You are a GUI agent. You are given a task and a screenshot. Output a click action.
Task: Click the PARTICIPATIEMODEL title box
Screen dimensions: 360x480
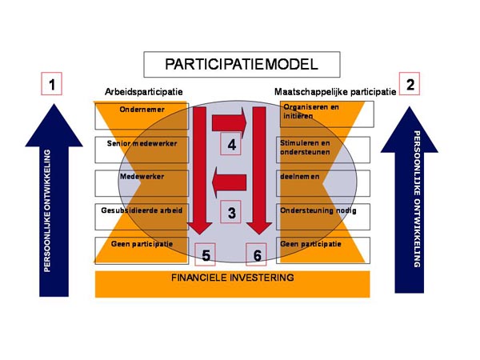241,64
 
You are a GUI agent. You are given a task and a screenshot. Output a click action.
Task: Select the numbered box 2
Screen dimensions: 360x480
410,84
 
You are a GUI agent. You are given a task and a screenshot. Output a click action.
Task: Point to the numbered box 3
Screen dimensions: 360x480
232,213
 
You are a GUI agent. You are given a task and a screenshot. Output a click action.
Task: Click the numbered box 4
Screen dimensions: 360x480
232,145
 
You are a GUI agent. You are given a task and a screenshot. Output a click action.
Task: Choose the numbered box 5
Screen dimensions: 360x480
206,254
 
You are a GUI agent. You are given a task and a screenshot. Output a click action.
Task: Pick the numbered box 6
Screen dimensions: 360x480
257,254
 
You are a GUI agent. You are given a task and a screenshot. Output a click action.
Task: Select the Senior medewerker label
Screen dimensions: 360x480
142,145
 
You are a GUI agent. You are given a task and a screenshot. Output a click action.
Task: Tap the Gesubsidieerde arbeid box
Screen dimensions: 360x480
142,211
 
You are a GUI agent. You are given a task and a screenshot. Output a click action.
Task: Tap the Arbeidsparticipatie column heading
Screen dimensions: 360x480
143,92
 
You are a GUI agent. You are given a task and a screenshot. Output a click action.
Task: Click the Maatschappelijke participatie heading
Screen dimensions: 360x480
335,92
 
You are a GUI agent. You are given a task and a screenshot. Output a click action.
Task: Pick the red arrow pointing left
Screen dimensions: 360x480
229,184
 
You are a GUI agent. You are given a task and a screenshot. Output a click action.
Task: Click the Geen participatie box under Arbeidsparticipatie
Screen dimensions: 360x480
142,244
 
